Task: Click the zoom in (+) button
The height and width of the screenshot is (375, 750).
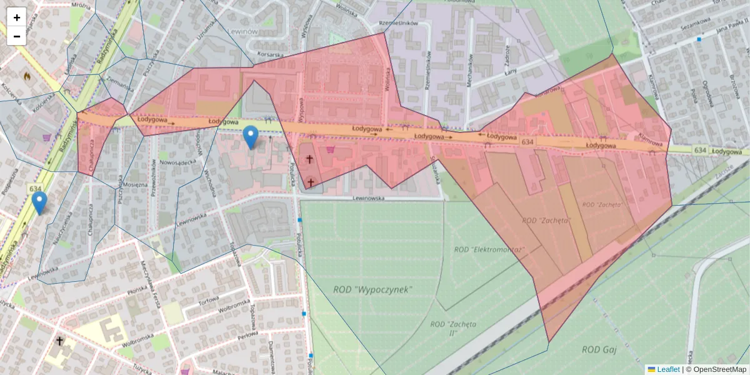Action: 17,17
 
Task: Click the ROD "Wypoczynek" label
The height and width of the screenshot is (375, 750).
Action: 372,289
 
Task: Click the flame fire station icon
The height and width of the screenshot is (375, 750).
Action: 27,76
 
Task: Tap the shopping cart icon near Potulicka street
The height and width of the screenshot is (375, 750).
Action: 330,149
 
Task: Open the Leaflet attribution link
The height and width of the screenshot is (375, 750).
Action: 667,369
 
